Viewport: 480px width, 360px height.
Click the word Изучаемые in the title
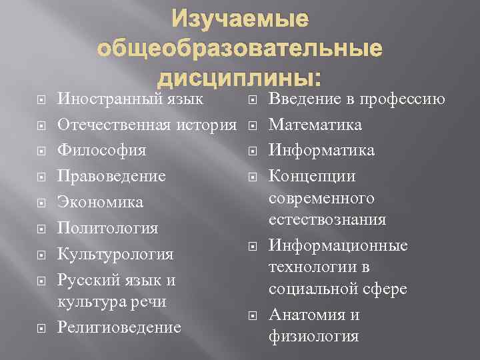pyautogui.click(x=240, y=20)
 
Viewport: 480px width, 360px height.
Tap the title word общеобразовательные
pyautogui.click(x=240, y=50)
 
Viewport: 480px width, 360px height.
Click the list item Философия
pyautogui.click(x=102, y=151)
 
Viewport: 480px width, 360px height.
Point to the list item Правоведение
pyautogui.click(x=111, y=177)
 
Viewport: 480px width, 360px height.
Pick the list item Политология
pyautogui.click(x=108, y=228)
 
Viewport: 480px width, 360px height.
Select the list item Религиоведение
pyautogui.click(x=119, y=327)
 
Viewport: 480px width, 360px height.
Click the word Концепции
pyautogui.click(x=311, y=177)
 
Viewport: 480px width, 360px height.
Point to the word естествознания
pyautogui.click(x=327, y=219)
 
